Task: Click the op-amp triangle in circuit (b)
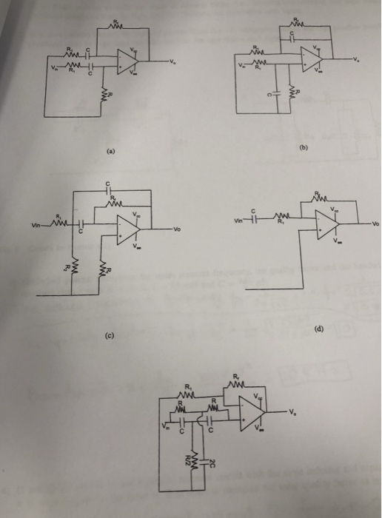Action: coord(309,56)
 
